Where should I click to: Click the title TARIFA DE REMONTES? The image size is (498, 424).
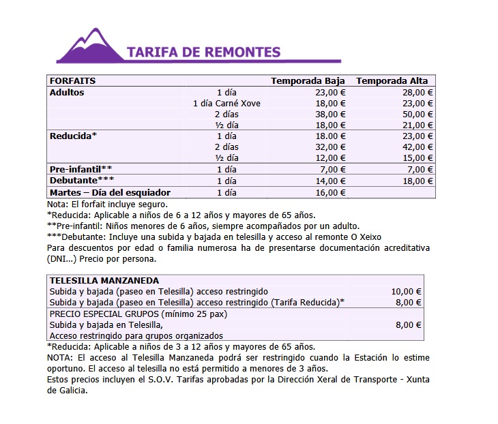tap(203, 52)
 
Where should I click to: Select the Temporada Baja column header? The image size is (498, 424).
tap(308, 80)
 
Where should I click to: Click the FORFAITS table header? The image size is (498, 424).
tap(73, 80)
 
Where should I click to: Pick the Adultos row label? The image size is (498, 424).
tap(67, 92)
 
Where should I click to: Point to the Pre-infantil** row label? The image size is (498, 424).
tap(80, 169)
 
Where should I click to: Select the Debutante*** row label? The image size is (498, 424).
tap(82, 181)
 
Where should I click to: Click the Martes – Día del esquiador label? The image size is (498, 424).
tap(110, 192)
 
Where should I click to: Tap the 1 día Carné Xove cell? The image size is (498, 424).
tap(226, 103)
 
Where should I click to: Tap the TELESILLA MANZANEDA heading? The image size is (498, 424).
tap(104, 280)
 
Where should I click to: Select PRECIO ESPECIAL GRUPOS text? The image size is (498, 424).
tap(104, 314)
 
